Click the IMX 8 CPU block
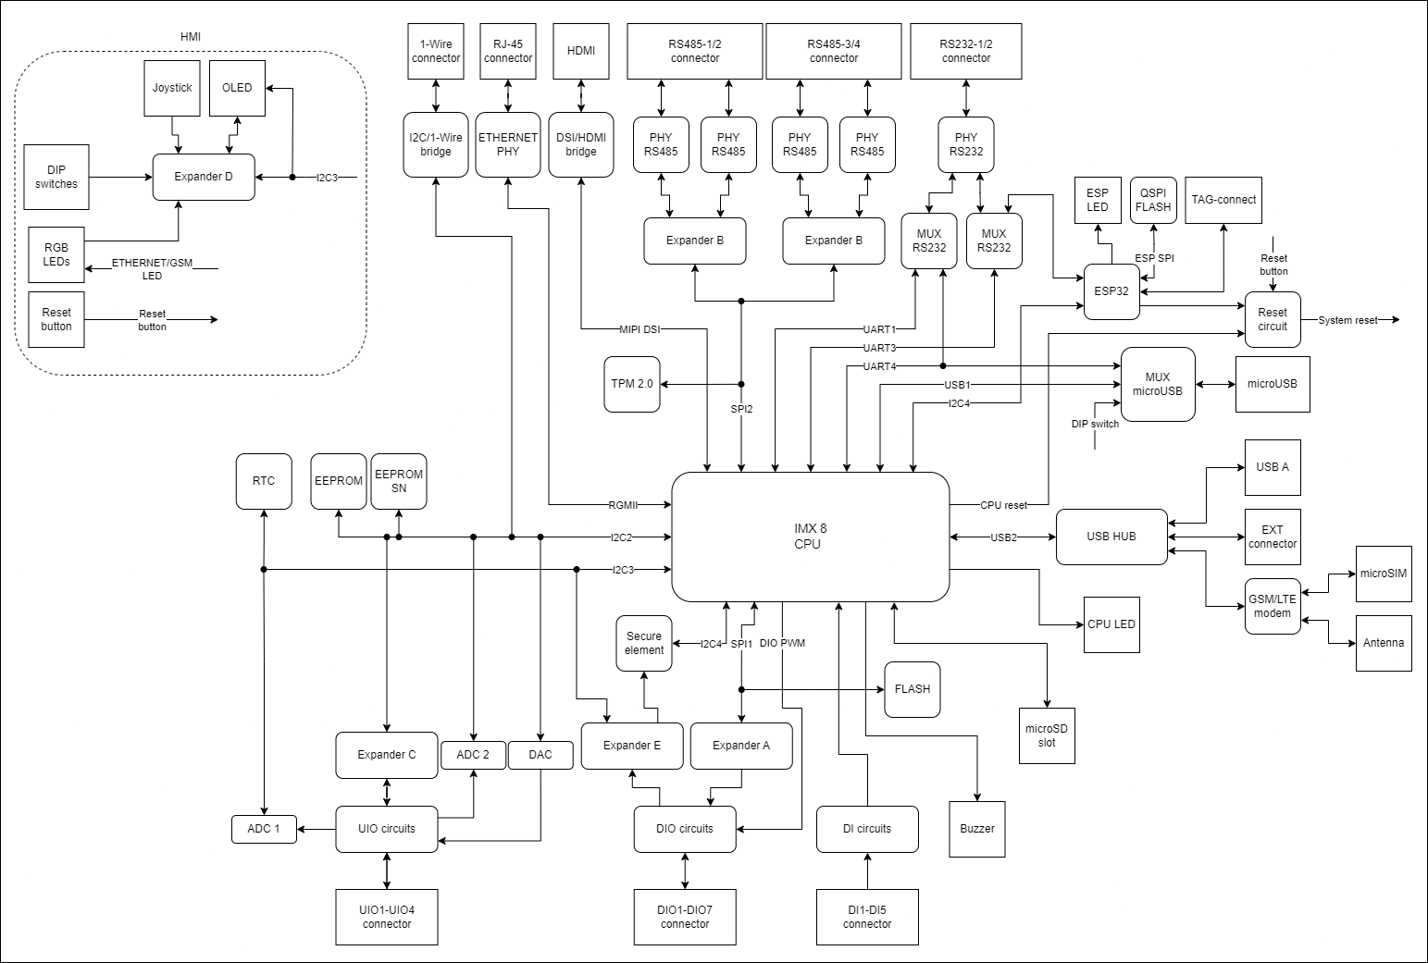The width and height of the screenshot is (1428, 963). tap(810, 537)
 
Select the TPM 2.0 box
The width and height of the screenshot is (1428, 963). tap(632, 384)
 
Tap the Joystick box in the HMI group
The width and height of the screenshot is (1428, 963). tap(172, 88)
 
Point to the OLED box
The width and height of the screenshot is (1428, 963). tap(237, 88)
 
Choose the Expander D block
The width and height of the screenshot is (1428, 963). tap(204, 177)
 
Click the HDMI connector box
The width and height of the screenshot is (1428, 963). tap(581, 51)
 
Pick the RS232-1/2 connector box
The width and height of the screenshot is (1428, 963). tap(966, 51)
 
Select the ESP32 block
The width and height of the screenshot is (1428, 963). tap(1111, 290)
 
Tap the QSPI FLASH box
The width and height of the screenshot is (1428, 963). tap(1153, 200)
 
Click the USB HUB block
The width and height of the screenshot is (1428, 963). tap(1111, 537)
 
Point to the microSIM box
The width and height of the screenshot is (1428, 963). tap(1384, 574)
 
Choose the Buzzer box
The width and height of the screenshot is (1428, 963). tap(977, 828)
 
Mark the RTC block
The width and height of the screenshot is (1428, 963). tap(264, 481)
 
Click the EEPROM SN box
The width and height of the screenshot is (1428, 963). tap(399, 481)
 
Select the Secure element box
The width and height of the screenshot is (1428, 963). tap(644, 643)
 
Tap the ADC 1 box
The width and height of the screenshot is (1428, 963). tap(264, 829)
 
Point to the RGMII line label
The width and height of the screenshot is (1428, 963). tap(622, 505)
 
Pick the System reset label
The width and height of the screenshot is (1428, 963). tap(1347, 320)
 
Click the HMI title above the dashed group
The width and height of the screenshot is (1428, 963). tap(190, 37)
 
